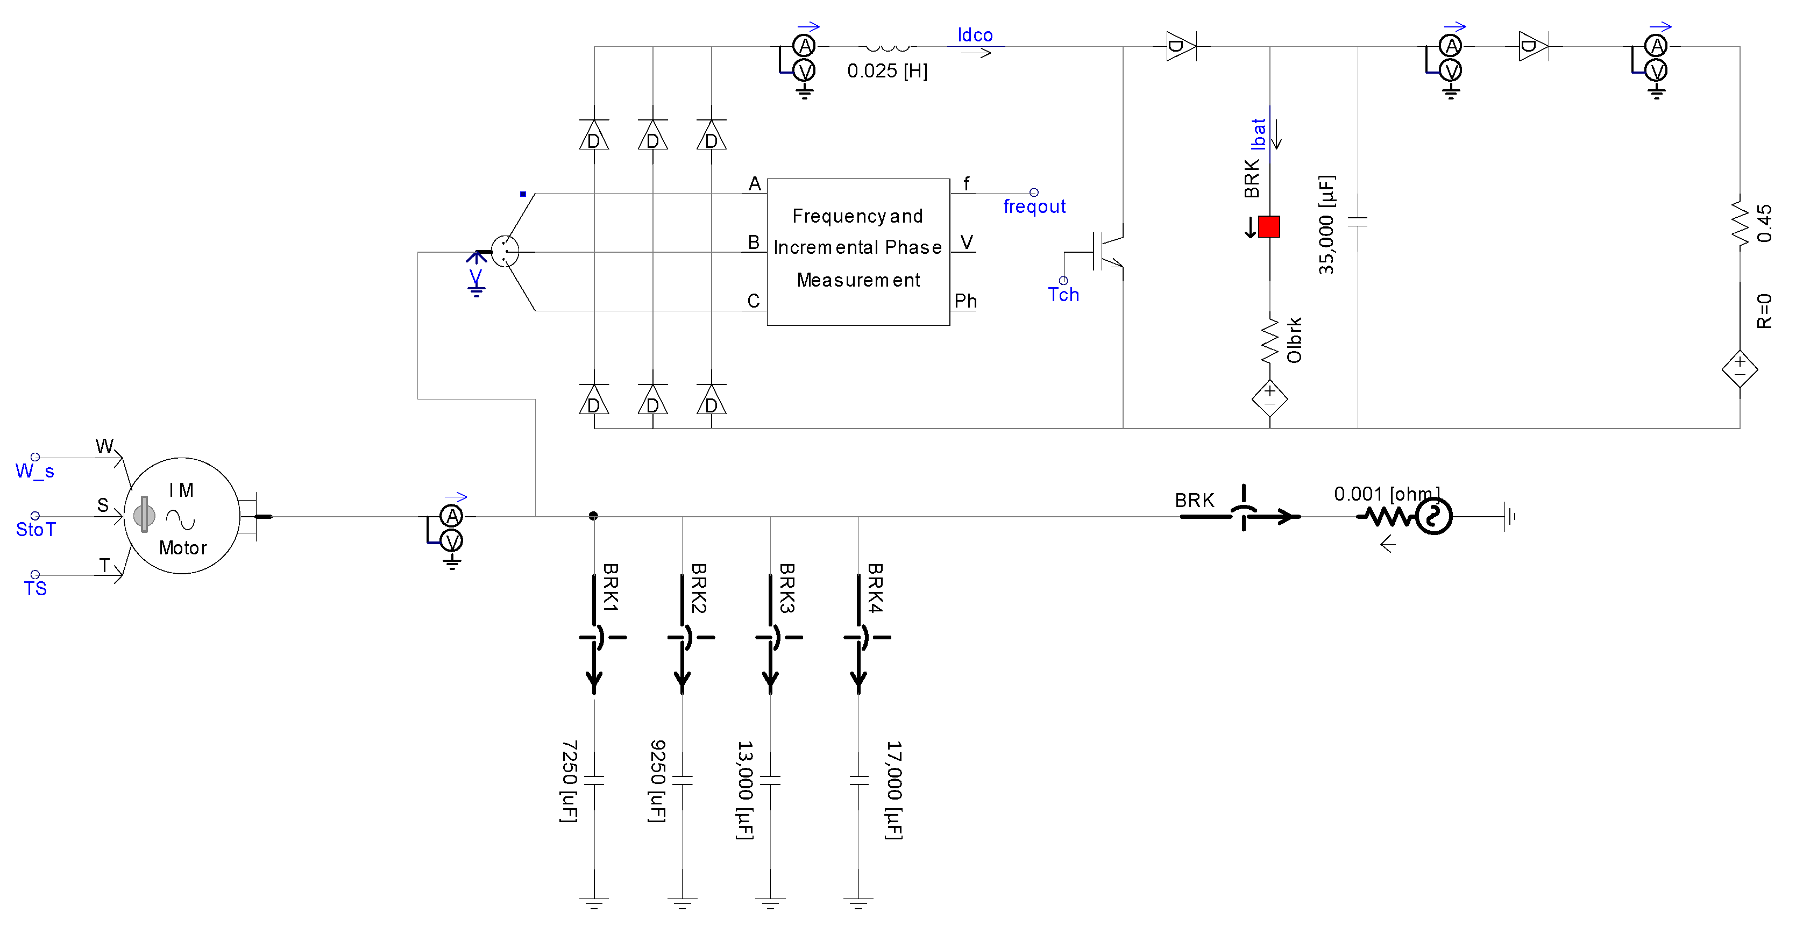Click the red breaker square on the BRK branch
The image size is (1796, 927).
pos(1268,226)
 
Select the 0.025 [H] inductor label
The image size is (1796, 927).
pos(887,71)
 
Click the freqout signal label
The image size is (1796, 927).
pos(1034,206)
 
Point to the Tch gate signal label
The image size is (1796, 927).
pos(1062,295)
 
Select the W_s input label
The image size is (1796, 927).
pos(35,471)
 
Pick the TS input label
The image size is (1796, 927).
pos(35,589)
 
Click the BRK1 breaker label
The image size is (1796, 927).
pos(610,588)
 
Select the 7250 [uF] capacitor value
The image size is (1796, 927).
pos(569,781)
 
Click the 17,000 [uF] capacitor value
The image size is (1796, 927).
pos(894,790)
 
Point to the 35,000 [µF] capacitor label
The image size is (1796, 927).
pos(1326,224)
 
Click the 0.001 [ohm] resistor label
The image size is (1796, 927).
pos(1386,494)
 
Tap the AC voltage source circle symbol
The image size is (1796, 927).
pos(1433,517)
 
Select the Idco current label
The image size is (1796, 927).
pos(974,35)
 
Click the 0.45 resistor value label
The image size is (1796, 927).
pos(1764,223)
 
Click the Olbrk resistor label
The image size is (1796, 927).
pos(1294,340)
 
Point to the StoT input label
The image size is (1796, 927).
pos(35,530)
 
